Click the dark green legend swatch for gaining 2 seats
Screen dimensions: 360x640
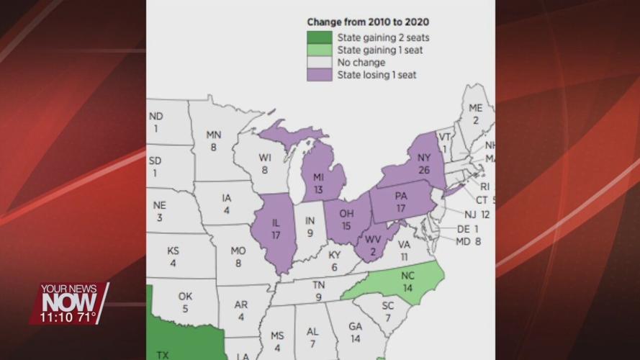point(319,37)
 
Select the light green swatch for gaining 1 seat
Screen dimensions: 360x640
point(319,50)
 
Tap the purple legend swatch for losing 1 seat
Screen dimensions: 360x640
point(319,74)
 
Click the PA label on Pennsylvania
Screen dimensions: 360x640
point(402,197)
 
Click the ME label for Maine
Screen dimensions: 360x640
point(475,108)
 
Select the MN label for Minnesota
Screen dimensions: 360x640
point(214,135)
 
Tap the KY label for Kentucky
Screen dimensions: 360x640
point(335,255)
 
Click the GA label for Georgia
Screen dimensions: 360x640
point(355,325)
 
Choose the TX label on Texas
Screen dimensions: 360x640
point(163,354)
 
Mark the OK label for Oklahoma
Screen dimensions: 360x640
point(185,296)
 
